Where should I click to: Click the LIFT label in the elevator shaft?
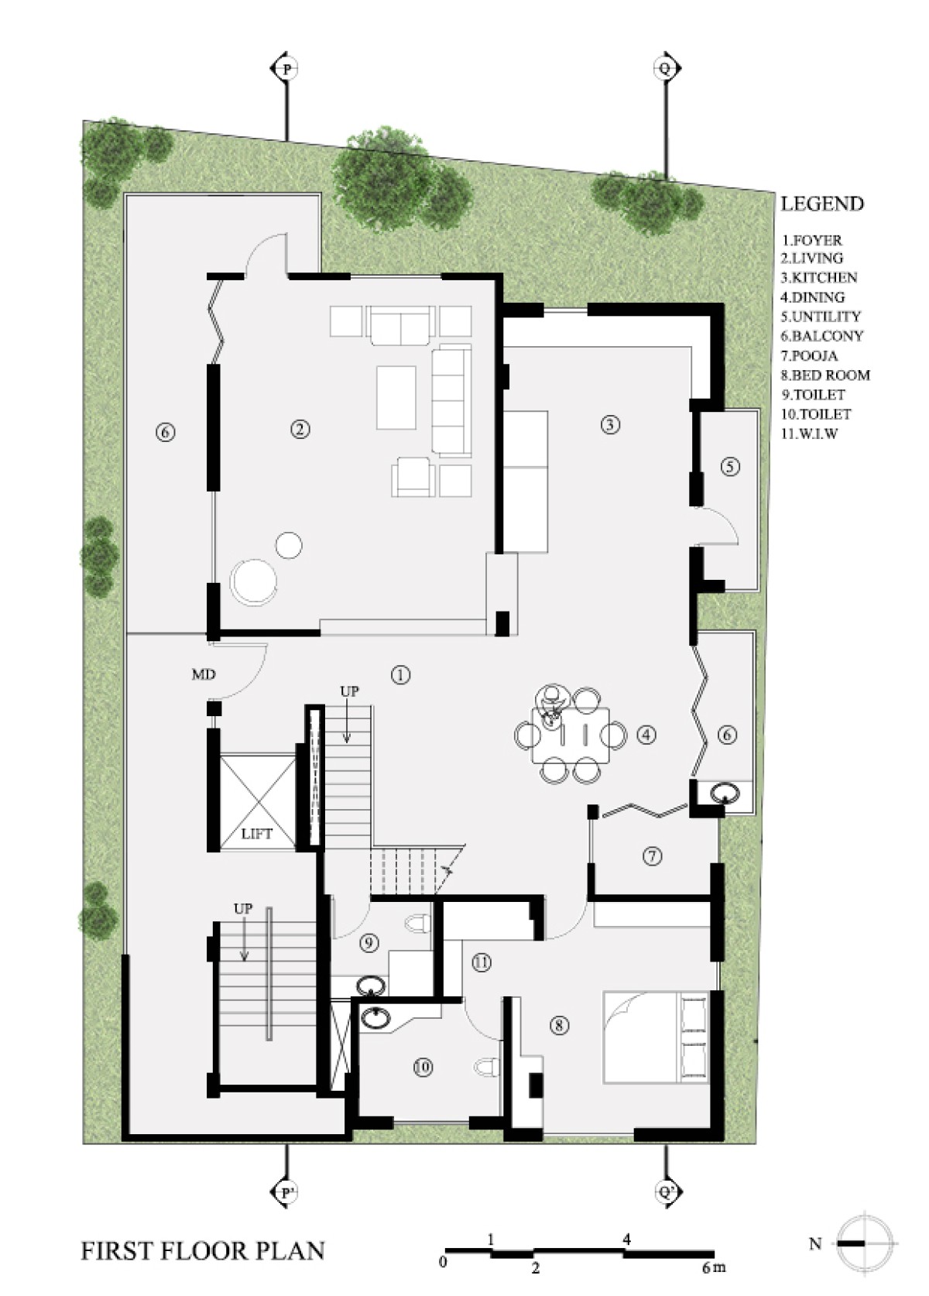[257, 835]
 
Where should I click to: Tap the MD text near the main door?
[204, 674]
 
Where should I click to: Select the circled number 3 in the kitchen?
[610, 425]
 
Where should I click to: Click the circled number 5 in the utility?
[730, 466]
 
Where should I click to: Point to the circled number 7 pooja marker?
[652, 855]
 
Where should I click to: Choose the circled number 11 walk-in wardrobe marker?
[482, 962]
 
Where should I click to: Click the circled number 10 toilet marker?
[423, 1067]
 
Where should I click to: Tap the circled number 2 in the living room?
[300, 430]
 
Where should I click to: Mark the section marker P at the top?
[286, 69]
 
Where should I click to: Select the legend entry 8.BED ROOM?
[825, 375]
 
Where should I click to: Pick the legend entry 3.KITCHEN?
[818, 278]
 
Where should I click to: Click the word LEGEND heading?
[822, 204]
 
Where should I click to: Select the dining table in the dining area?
[571, 735]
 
